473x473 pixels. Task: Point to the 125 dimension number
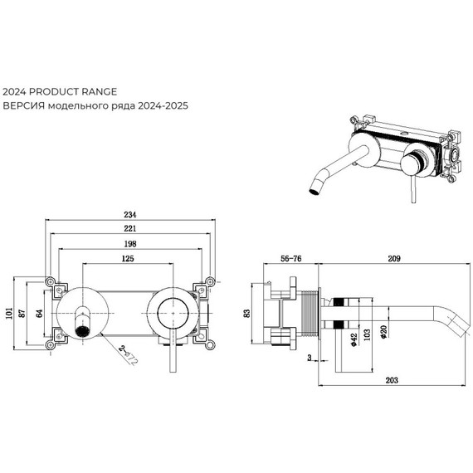point(127,260)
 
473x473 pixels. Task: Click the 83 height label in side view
point(247,313)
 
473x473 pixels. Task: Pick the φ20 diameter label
point(383,332)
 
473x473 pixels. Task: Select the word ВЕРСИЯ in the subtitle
point(22,105)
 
